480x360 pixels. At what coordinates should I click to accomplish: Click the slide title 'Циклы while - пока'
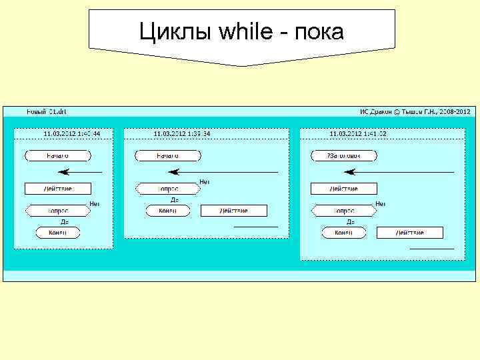[241, 31]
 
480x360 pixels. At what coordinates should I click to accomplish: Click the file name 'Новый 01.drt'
[46, 111]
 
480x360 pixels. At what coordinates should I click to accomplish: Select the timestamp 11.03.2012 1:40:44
[71, 134]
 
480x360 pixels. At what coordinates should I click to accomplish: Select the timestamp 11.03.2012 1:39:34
[181, 134]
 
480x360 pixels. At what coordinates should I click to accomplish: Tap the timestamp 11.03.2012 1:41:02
[358, 134]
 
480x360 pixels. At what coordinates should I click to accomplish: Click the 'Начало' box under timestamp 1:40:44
[57, 156]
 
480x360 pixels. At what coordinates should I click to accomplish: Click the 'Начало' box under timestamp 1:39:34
[167, 156]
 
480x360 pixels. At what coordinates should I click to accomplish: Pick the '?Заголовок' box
[343, 156]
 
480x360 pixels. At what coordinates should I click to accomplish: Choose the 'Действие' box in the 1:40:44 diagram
[57, 189]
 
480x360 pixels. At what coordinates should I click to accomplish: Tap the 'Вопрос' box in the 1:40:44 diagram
[57, 211]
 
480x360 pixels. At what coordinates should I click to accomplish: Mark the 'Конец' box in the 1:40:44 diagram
[57, 233]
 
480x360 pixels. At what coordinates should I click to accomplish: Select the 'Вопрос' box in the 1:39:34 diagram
[167, 189]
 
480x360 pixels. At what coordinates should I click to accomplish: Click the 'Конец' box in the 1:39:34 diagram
[167, 211]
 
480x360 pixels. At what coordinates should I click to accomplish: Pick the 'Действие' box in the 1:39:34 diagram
[233, 211]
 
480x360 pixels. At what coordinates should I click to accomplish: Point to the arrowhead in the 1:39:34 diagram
[175, 172]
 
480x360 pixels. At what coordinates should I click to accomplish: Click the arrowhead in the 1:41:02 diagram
[351, 172]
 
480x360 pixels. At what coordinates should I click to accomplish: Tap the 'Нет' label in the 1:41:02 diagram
[381, 204]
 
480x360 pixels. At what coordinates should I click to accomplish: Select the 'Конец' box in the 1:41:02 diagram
[343, 233]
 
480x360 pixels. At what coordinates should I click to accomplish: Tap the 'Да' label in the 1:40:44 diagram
[64, 222]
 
